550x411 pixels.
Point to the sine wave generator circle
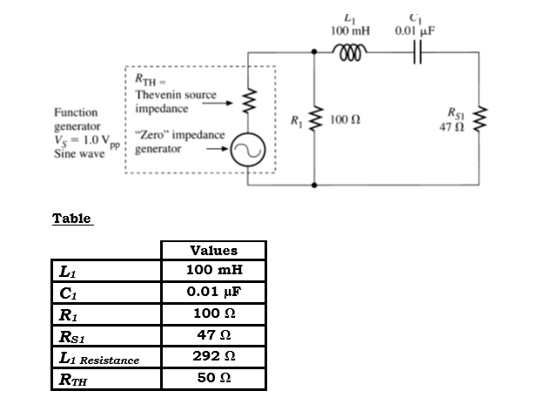[x=249, y=153]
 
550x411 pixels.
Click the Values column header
[x=213, y=250]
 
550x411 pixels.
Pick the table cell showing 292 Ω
[x=213, y=356]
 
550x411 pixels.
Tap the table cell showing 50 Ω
[x=213, y=378]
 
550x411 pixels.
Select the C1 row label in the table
[x=66, y=293]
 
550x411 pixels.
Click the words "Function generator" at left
[x=76, y=119]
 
